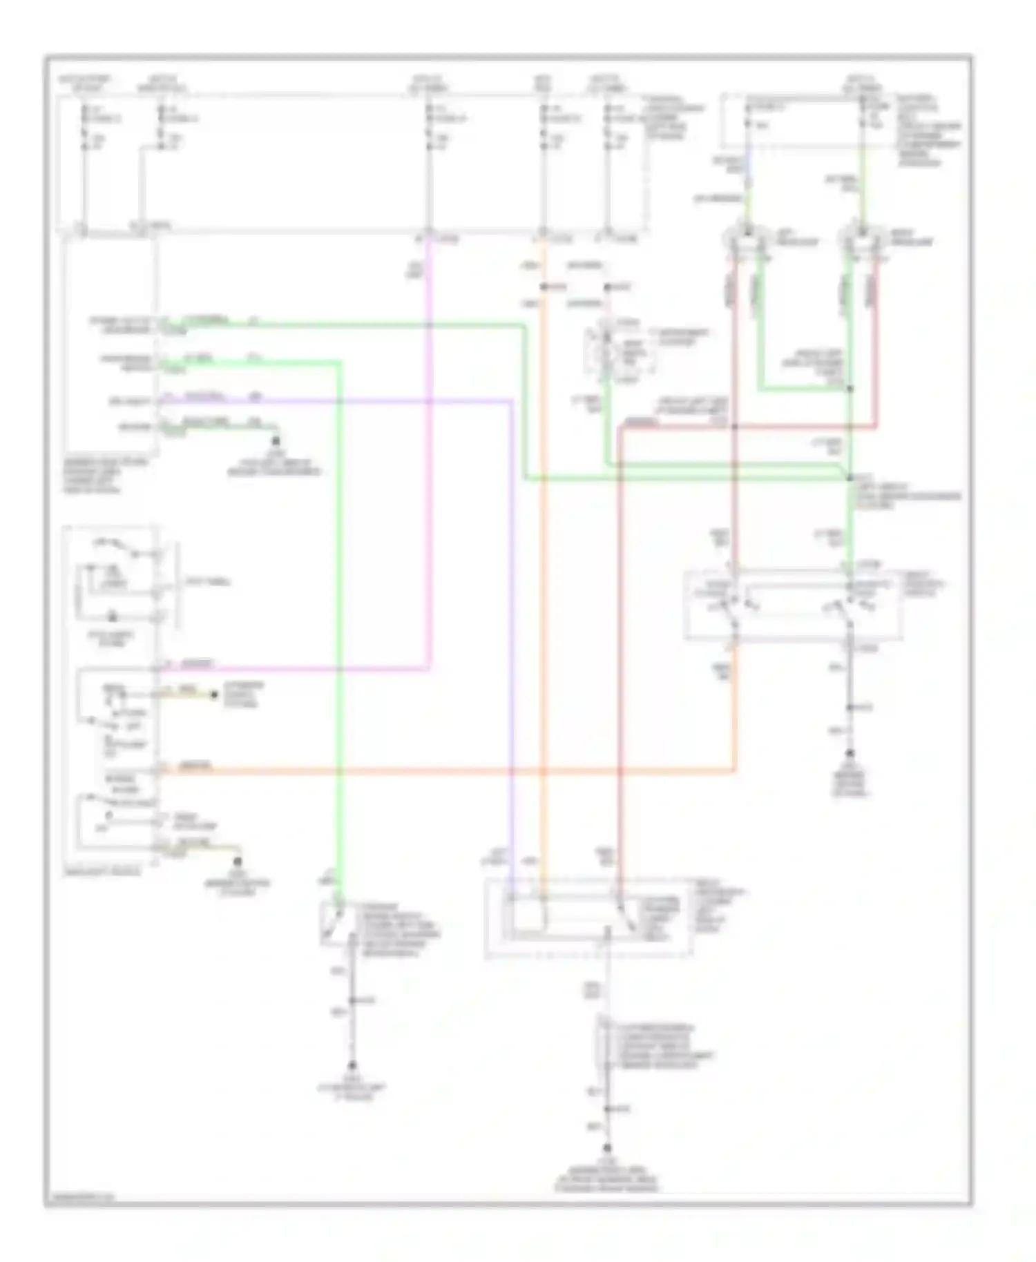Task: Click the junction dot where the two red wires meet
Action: (735, 427)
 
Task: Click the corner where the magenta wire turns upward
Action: (430, 668)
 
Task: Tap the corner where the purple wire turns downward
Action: (511, 400)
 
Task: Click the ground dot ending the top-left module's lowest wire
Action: (276, 440)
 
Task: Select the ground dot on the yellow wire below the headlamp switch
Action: (238, 861)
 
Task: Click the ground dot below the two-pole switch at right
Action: (850, 753)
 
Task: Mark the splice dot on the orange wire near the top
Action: (544, 286)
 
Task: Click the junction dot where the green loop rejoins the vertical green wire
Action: (850, 389)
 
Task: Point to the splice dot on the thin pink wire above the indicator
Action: (607, 286)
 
